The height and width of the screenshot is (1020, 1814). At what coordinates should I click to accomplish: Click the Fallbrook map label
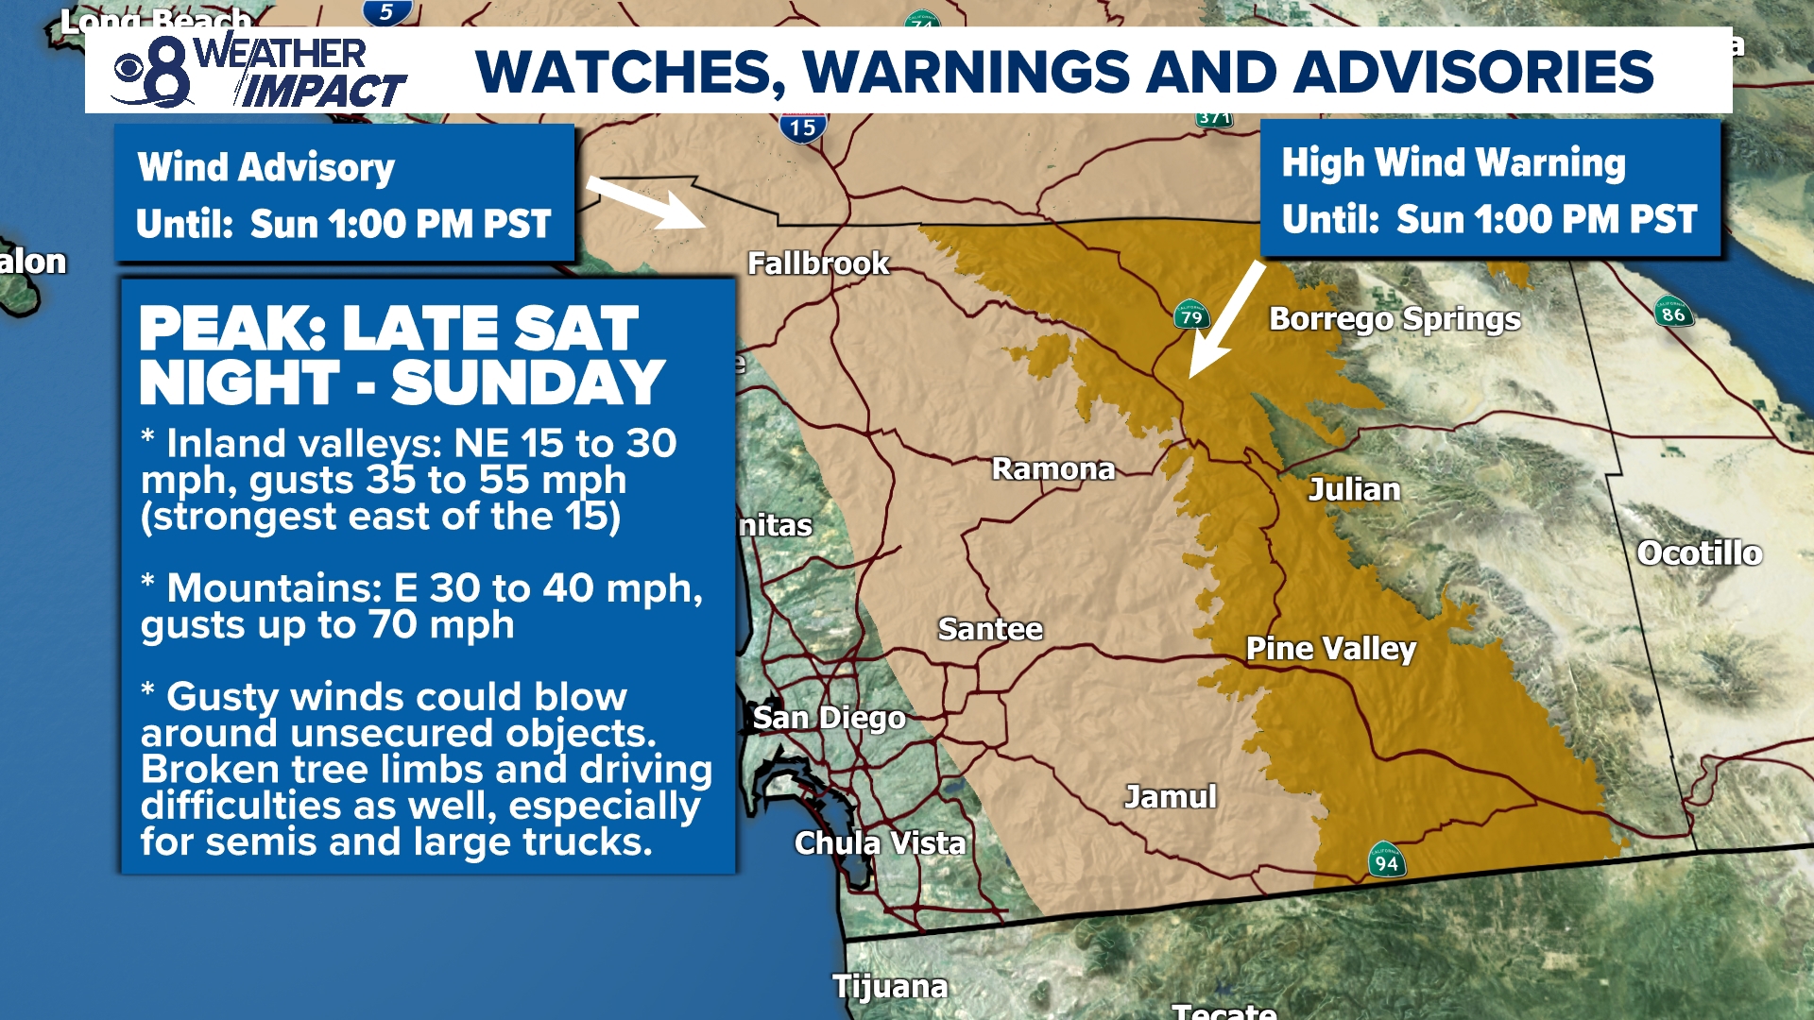point(818,263)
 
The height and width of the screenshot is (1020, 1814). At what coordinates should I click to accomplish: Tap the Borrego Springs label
point(1395,319)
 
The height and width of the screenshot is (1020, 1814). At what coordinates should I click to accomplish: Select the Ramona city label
point(1053,468)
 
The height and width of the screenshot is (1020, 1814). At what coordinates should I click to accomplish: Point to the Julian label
point(1354,489)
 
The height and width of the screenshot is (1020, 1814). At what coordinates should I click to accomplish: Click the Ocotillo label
point(1699,552)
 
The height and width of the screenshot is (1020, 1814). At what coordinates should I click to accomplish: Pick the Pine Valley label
point(1330,648)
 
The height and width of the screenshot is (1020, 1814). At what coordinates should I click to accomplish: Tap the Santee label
point(990,629)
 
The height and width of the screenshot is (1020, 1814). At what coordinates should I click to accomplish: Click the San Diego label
point(829,718)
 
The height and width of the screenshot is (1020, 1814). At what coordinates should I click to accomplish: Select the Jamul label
point(1170,796)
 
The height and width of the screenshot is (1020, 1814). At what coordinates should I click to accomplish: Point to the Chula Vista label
point(880,842)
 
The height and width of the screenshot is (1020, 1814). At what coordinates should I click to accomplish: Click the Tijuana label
point(889,986)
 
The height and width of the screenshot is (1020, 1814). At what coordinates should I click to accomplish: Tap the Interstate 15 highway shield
point(803,127)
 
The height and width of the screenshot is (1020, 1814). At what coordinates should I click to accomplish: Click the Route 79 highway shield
point(1191,314)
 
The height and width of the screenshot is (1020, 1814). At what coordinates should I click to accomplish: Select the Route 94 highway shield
point(1386,860)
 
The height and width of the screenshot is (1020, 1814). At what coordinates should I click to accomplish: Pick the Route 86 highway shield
point(1673,313)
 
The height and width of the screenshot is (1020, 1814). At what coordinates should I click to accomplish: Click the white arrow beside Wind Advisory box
point(647,201)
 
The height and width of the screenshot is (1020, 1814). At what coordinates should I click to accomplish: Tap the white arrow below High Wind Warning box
point(1225,321)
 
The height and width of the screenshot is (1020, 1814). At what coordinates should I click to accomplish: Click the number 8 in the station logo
point(168,73)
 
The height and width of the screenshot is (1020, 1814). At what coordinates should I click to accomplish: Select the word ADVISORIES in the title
point(1474,72)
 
